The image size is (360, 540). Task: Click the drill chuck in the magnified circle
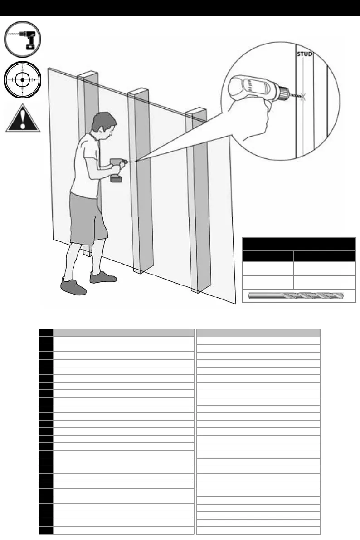point(283,94)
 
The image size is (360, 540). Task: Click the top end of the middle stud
point(139,93)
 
